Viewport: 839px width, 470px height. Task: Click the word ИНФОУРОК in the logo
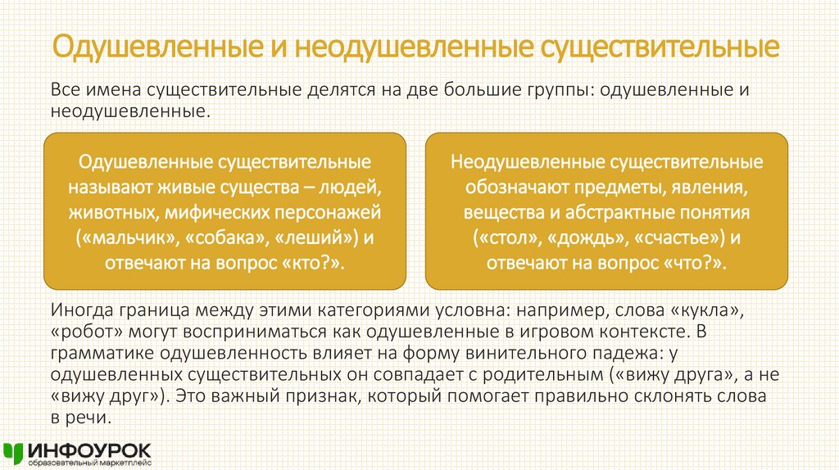(x=88, y=449)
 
